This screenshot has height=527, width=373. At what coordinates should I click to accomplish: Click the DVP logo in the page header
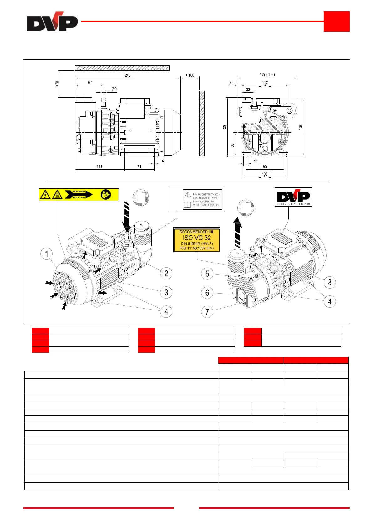(52, 22)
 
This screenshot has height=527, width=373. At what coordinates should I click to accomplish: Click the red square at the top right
(336, 21)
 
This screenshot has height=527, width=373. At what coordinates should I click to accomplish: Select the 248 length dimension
(127, 75)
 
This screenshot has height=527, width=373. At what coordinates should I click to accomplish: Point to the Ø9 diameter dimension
(114, 89)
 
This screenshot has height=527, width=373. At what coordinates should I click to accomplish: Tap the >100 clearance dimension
(190, 75)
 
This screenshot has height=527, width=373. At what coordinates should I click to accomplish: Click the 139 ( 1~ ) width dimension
(267, 74)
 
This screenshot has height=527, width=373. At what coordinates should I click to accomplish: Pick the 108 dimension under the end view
(265, 174)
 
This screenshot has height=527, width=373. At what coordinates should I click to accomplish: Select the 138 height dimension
(300, 127)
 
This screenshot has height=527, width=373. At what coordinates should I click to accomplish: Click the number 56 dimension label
(232, 146)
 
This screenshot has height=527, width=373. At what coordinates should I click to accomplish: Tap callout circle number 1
(47, 254)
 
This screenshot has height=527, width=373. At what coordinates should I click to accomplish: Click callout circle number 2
(166, 274)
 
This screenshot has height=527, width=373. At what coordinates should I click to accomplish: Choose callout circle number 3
(166, 293)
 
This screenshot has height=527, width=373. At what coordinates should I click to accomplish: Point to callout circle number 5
(207, 274)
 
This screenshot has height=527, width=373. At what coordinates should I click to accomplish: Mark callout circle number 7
(207, 312)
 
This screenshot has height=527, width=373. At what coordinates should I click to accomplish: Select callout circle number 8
(329, 283)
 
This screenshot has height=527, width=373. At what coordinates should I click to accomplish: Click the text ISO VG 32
(197, 238)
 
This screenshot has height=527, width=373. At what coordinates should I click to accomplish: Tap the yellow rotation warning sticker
(79, 195)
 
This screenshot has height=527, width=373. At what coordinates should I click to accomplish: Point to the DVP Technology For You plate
(293, 197)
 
